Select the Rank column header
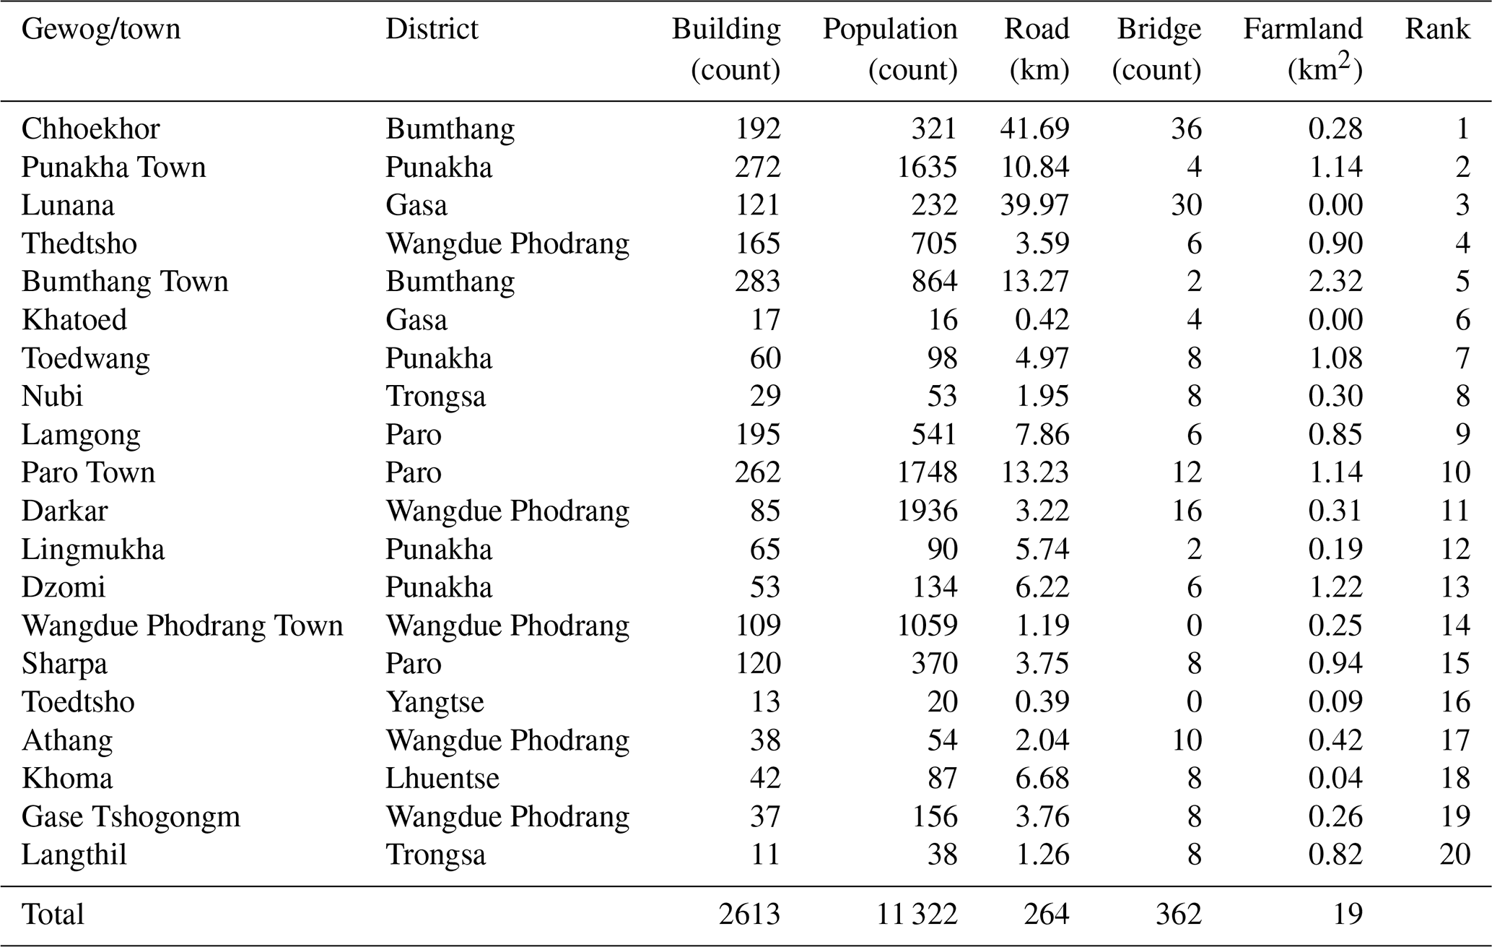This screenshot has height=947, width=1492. click(x=1437, y=29)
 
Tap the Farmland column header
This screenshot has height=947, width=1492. click(x=1303, y=49)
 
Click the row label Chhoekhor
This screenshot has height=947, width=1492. click(x=91, y=129)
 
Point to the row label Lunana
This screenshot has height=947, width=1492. click(x=68, y=205)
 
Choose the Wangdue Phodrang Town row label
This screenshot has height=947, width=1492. click(x=183, y=626)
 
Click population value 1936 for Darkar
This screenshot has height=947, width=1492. click(x=927, y=511)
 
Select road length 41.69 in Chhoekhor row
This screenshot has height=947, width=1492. click(x=1034, y=129)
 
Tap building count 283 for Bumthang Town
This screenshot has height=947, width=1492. click(x=757, y=282)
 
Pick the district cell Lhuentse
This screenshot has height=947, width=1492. click(x=442, y=779)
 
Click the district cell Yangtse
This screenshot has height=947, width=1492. click(x=435, y=702)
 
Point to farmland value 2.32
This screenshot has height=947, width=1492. click(x=1335, y=282)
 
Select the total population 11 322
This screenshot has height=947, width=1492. click(x=917, y=914)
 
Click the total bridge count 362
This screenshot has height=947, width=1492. click(x=1178, y=914)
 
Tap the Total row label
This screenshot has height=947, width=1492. click(x=53, y=914)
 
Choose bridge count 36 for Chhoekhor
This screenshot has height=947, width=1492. click(x=1186, y=129)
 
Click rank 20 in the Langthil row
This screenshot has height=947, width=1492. click(x=1454, y=855)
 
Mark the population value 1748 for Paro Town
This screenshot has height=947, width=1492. click(x=927, y=472)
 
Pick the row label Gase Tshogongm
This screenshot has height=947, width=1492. click(x=131, y=817)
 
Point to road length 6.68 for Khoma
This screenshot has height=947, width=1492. click(x=1042, y=779)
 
